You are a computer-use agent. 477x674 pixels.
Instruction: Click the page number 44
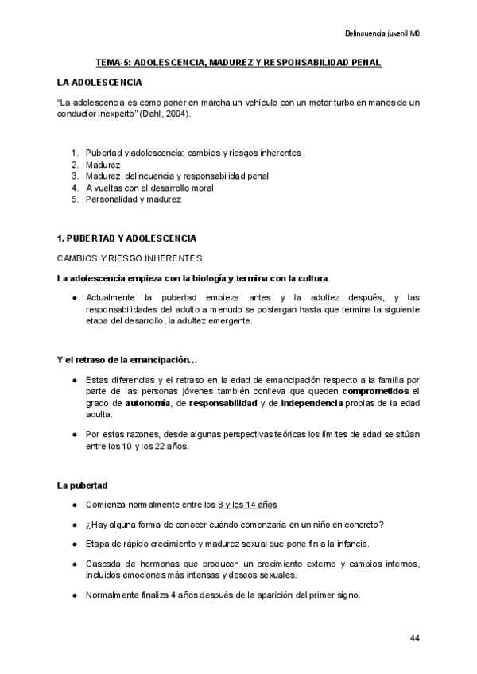415,638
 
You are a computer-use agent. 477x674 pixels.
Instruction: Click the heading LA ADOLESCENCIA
100,83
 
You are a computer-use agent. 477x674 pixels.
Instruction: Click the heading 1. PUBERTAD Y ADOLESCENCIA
126,238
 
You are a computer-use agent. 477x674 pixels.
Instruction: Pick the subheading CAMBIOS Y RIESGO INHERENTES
130,258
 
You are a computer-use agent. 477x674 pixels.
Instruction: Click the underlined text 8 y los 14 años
247,505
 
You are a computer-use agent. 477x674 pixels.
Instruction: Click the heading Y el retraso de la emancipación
122,360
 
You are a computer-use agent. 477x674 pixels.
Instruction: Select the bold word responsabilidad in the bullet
223,403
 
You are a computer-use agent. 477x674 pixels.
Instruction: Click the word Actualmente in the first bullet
112,297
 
